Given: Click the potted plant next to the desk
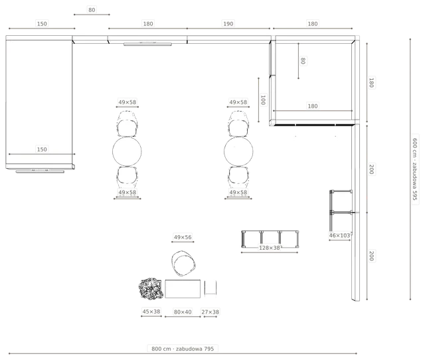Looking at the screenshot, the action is click(151, 289).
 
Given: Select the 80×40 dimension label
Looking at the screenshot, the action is click(183, 312).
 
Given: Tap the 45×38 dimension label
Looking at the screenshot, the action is click(151, 312).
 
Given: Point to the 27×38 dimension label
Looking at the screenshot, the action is click(210, 312).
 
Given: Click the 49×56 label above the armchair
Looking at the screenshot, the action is click(183, 237).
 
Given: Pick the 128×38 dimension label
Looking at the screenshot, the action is click(270, 248).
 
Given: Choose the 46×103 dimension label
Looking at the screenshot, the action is click(339, 235).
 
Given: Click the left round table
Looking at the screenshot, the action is click(127, 151).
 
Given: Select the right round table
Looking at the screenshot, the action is click(238, 151).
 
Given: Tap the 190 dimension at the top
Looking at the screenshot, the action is click(228, 24).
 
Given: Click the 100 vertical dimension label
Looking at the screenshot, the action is click(263, 100).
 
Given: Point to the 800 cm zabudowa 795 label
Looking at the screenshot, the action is click(183, 349).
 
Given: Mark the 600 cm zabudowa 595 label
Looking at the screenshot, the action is click(415, 169).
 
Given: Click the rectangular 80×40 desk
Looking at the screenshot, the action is click(183, 289).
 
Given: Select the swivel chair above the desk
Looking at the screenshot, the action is click(183, 263).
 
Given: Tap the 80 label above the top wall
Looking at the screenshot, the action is click(92, 10).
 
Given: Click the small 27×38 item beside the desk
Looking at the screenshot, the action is click(211, 288).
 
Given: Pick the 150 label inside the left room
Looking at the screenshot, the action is click(42, 149).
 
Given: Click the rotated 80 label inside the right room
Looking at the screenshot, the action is click(303, 60).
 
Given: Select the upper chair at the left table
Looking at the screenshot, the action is click(127, 124).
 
